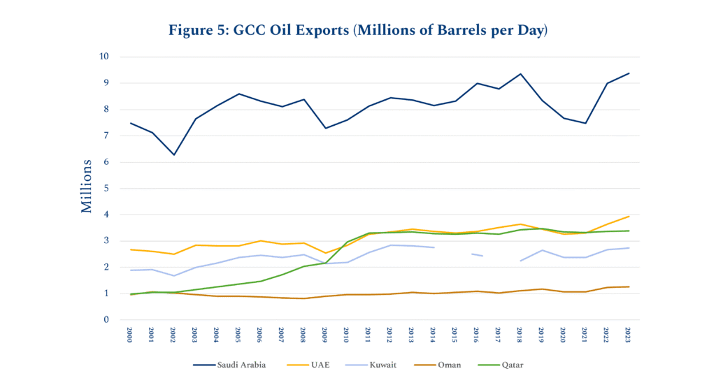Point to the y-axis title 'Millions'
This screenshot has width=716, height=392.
point(87,186)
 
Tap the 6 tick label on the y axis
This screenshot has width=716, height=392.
point(106,162)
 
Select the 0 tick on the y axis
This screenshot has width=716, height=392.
point(106,320)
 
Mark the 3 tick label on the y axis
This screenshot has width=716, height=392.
point(106,241)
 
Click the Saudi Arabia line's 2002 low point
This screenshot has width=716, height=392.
point(174,154)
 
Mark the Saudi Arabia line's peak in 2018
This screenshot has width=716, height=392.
point(520,73)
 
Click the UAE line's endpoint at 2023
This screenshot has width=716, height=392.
point(628,217)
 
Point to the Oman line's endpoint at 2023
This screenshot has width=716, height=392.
point(628,286)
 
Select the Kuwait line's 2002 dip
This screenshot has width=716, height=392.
point(174,275)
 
